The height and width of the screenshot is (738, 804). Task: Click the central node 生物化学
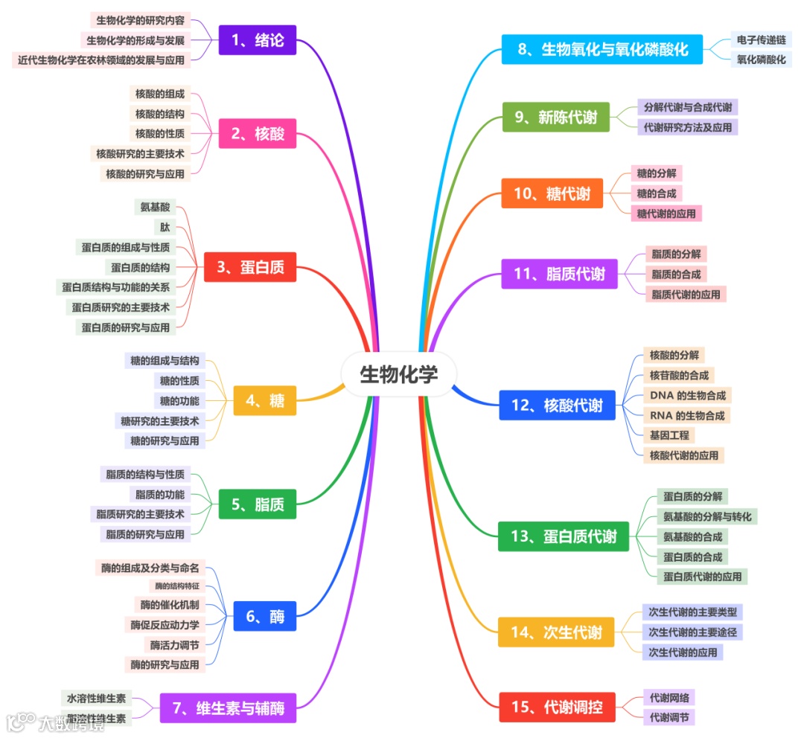[399, 373]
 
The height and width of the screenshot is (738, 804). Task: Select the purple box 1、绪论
[258, 40]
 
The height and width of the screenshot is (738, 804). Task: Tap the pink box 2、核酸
[258, 134]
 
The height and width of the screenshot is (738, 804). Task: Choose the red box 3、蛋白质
[250, 267]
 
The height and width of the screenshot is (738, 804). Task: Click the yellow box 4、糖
[265, 400]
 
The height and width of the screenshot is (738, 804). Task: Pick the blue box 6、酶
[265, 616]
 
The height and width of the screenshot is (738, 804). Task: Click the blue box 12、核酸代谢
[558, 405]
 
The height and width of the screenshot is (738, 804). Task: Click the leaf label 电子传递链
[760, 39]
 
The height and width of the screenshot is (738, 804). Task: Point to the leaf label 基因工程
[669, 435]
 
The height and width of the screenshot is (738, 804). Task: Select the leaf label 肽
[165, 227]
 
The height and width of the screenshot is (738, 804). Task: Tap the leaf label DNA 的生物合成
[687, 395]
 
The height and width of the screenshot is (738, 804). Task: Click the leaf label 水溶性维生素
[97, 699]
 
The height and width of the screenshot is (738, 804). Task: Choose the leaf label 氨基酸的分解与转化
[707, 516]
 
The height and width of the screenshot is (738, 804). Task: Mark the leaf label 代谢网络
[669, 698]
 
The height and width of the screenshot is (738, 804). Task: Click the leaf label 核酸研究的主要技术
[140, 153]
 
